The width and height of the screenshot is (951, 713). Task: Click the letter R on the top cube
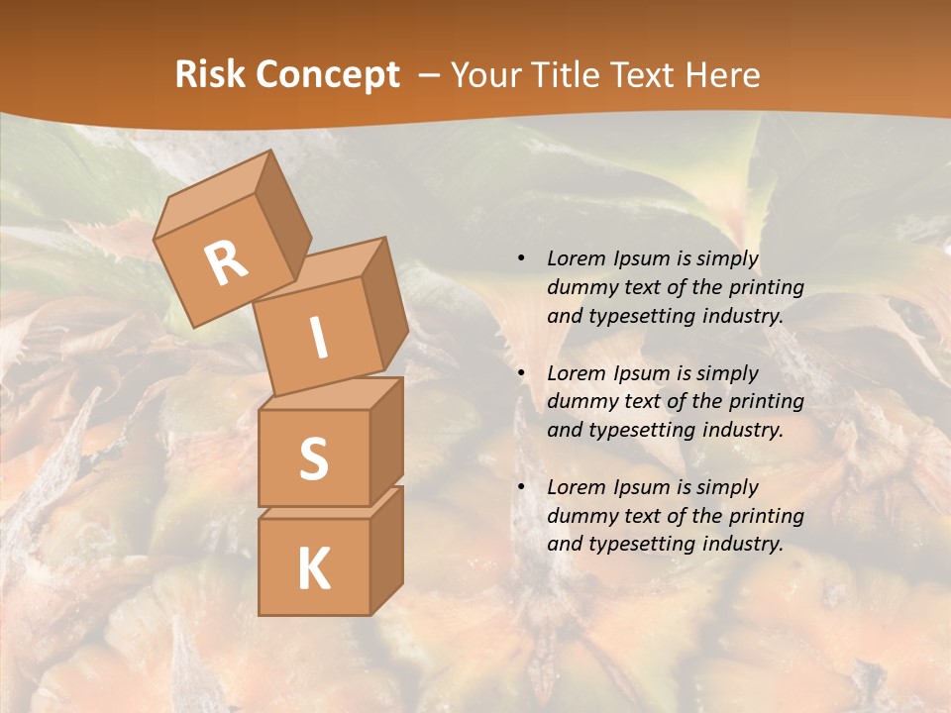tap(227, 262)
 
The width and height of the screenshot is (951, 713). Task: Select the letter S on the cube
tap(313, 458)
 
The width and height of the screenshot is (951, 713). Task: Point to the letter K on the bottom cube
tap(313, 569)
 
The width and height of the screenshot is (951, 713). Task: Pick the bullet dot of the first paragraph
tap(522, 259)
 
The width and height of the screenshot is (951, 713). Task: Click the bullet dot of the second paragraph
tap(522, 373)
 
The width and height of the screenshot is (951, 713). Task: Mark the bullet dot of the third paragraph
tap(522, 487)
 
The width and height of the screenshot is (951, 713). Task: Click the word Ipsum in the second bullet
tap(642, 373)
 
